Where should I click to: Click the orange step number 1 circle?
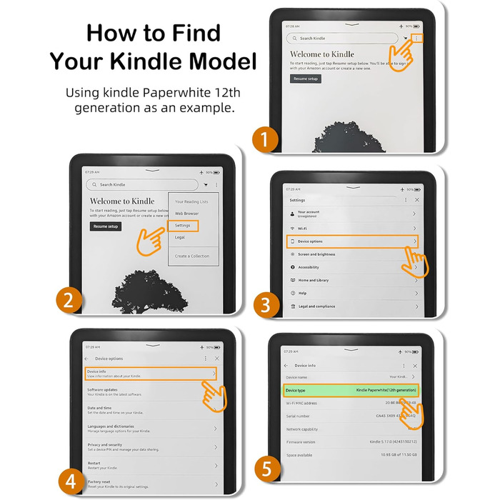click(266, 139)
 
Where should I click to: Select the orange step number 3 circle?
click(266, 306)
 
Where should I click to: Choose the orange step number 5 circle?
click(266, 469)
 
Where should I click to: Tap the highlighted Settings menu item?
click(183, 225)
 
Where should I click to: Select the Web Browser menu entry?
click(187, 214)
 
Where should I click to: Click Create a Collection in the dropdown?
click(192, 256)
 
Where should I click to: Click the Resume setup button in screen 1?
click(306, 79)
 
